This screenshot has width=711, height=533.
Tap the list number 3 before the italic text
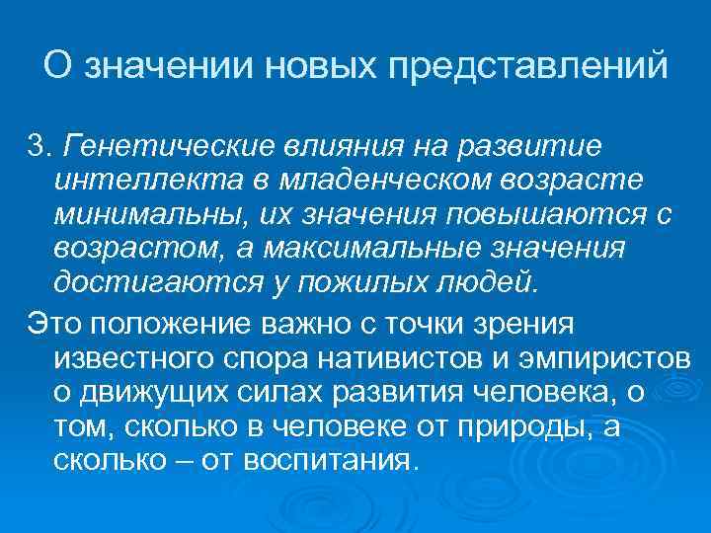(x=37, y=148)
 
